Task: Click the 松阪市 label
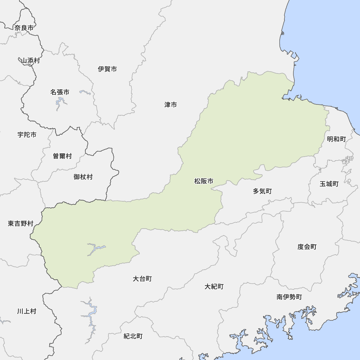(x=204, y=181)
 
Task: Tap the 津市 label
(x=171, y=105)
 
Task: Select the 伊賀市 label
(x=107, y=69)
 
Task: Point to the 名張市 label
(x=60, y=92)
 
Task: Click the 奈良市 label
(x=24, y=28)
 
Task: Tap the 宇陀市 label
(x=27, y=135)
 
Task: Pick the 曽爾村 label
(x=62, y=156)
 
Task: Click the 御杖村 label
(x=83, y=177)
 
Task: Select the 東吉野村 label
(x=21, y=224)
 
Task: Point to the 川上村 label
(x=27, y=311)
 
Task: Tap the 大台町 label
(x=142, y=279)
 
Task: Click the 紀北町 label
(x=133, y=336)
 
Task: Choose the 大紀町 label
(x=214, y=287)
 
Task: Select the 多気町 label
(x=262, y=191)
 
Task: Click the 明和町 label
(x=336, y=139)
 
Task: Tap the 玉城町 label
(x=329, y=184)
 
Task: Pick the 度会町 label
(x=307, y=247)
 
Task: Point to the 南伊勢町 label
(x=289, y=297)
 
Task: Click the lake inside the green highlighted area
(x=94, y=249)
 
